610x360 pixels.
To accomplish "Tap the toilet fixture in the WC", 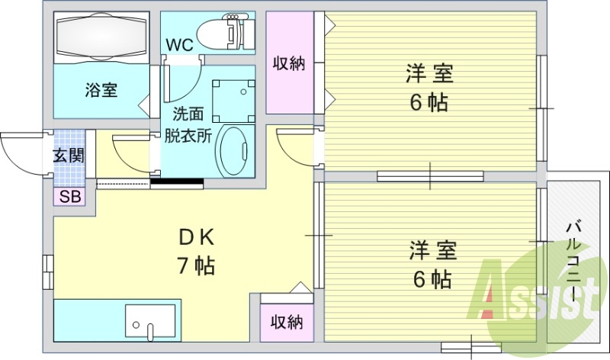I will [224, 31].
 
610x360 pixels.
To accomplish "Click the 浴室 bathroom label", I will [101, 90].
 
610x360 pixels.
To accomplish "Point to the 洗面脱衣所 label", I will [188, 125].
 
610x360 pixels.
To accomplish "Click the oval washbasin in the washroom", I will [233, 151].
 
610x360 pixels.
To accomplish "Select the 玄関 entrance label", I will [69, 156].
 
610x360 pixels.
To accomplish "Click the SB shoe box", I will [69, 197].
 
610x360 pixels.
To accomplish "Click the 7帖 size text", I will [195, 266].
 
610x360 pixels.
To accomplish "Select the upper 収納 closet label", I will [289, 63].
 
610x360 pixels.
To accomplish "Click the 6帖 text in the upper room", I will [429, 102].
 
